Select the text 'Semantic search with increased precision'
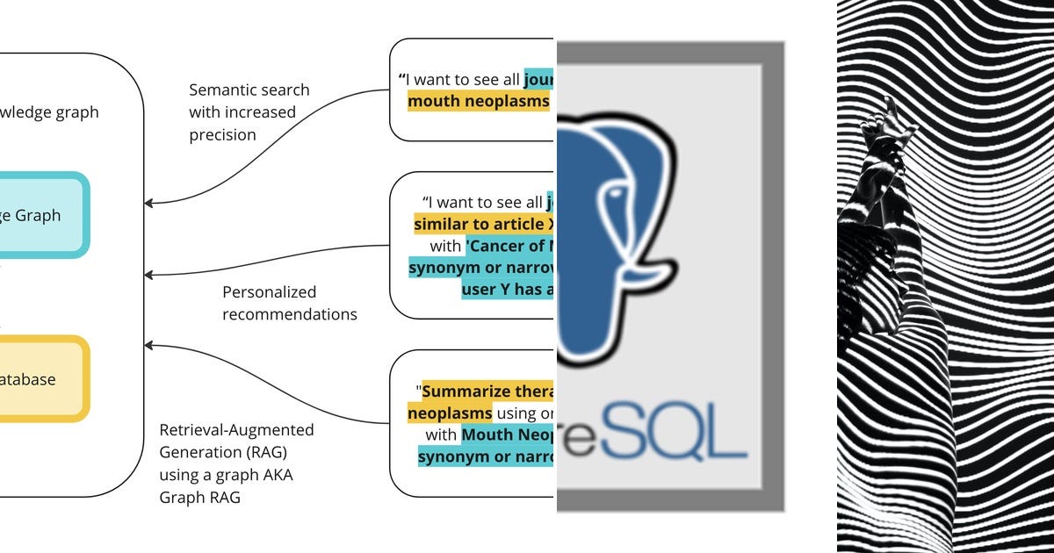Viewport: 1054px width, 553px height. click(249, 112)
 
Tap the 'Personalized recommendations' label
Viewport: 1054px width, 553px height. click(289, 303)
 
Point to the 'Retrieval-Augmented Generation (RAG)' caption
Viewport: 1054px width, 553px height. click(236, 442)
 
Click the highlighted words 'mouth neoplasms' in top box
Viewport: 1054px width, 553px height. click(479, 101)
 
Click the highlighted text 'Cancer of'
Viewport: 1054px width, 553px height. click(509, 246)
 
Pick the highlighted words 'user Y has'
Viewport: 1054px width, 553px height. click(507, 290)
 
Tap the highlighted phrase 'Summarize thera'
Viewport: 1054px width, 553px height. click(487, 391)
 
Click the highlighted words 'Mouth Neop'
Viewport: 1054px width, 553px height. click(507, 434)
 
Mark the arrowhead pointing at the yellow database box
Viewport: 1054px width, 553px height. click(150, 347)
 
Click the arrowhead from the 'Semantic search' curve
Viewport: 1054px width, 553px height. click(150, 203)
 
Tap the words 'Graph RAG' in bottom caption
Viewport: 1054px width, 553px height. click(199, 497)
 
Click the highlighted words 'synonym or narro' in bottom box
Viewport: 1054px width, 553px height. click(486, 456)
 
